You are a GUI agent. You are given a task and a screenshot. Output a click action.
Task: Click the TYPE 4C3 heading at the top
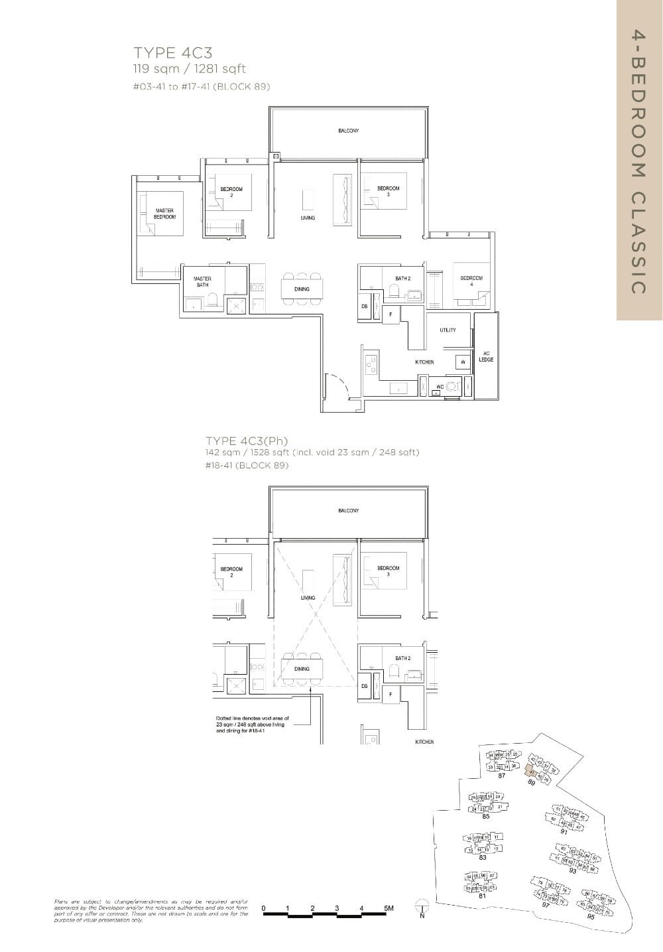click(x=172, y=53)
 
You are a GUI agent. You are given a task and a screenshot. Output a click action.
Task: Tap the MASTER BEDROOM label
click(x=164, y=214)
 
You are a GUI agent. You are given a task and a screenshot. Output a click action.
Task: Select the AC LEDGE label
click(x=486, y=356)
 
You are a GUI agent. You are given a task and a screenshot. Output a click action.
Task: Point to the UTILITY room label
click(x=448, y=330)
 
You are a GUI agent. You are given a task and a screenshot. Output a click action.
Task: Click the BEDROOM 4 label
click(x=471, y=280)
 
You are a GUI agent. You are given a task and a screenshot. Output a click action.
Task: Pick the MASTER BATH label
click(x=202, y=281)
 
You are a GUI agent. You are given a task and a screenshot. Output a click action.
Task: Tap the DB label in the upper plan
click(x=364, y=306)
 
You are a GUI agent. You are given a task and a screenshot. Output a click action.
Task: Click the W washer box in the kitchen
click(x=462, y=362)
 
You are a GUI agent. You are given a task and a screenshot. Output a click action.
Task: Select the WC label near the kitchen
click(x=440, y=386)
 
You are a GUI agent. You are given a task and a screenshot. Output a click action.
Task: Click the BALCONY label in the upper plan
click(x=348, y=131)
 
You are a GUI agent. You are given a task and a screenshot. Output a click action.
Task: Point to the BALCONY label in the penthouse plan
click(x=348, y=510)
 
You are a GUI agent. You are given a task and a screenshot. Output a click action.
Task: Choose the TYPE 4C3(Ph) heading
click(x=247, y=441)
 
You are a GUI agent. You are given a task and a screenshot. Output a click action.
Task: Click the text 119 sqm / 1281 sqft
click(x=190, y=68)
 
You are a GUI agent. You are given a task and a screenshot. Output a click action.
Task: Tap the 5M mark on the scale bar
click(x=389, y=908)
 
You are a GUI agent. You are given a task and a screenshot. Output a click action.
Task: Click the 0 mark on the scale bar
click(x=264, y=908)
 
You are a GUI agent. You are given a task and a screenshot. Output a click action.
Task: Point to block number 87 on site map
click(x=502, y=776)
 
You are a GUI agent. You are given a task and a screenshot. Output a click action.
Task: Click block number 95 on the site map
click(x=591, y=916)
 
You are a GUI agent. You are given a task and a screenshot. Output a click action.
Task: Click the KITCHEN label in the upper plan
click(x=424, y=362)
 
